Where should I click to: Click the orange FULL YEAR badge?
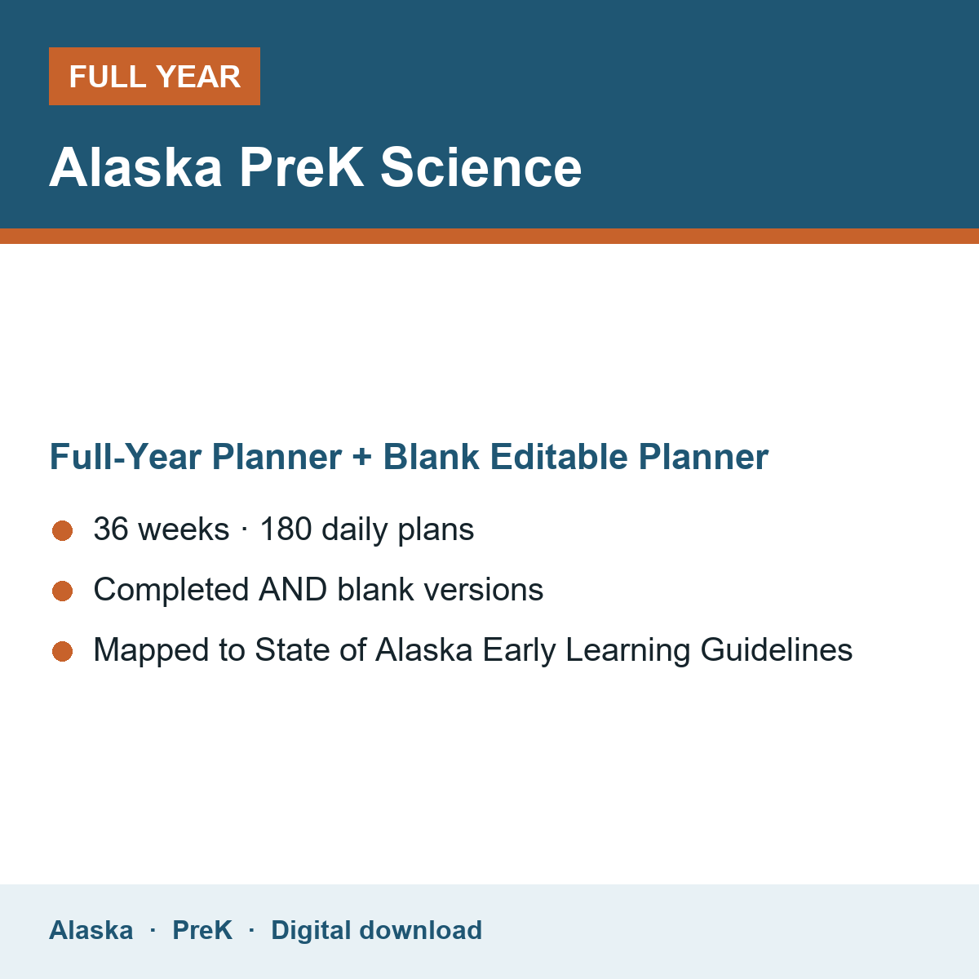(x=154, y=76)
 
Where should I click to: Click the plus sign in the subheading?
(x=361, y=457)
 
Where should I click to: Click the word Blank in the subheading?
(x=431, y=456)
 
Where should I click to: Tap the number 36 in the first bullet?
(x=111, y=529)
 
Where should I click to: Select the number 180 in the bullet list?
(x=286, y=529)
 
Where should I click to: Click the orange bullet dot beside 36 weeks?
(x=63, y=531)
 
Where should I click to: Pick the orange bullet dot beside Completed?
(x=63, y=591)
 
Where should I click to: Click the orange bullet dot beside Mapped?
(x=63, y=652)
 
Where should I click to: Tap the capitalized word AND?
(x=293, y=589)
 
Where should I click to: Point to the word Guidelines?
(x=777, y=649)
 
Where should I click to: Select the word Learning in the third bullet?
(x=628, y=651)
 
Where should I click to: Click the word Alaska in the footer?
(x=91, y=930)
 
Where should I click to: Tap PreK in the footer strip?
(x=202, y=930)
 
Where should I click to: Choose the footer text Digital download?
(x=376, y=931)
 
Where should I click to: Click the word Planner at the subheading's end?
(x=703, y=456)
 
